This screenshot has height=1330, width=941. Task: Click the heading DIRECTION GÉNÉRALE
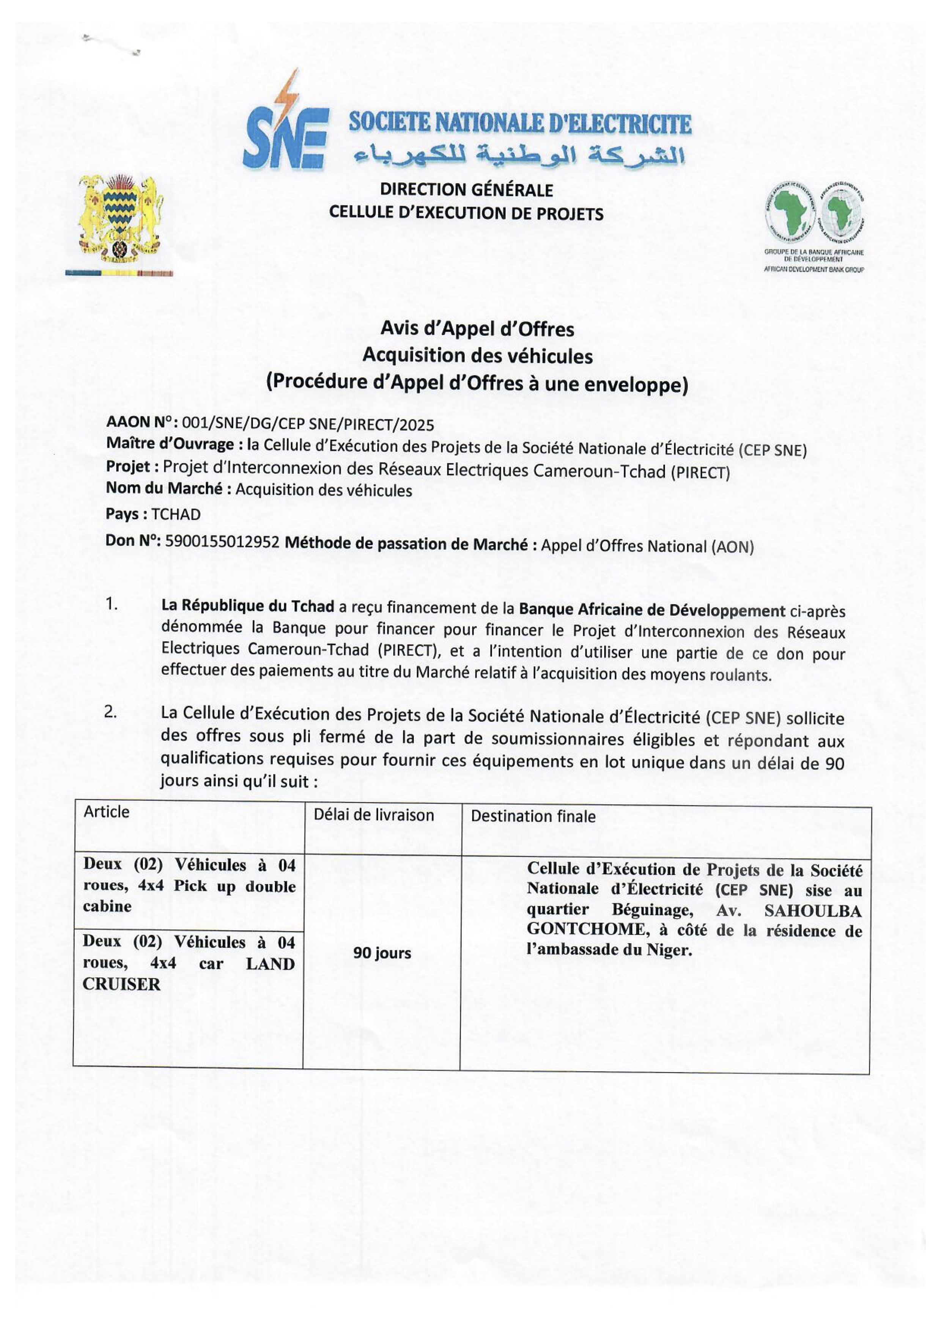(466, 189)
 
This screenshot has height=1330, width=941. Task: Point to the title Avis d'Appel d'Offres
(477, 329)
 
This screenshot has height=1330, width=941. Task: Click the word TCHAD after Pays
(176, 514)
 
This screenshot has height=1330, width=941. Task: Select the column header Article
(107, 812)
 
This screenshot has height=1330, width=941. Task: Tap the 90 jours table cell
(382, 953)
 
